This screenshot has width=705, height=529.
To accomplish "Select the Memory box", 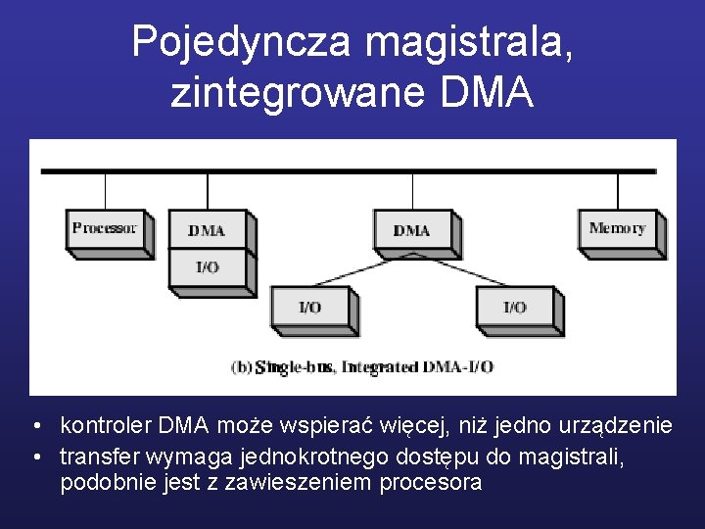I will pyautogui.click(x=617, y=229).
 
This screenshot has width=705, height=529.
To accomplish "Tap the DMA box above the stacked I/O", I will pyautogui.click(x=207, y=230).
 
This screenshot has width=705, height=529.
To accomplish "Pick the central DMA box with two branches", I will pyautogui.click(x=411, y=230).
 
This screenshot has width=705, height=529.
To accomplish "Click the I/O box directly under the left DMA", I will pyautogui.click(x=207, y=267).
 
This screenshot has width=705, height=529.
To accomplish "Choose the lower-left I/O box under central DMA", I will pyautogui.click(x=309, y=308).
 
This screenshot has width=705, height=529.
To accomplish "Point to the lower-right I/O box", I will pyautogui.click(x=515, y=308).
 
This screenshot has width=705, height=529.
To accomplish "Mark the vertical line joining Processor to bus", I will pyautogui.click(x=105, y=190).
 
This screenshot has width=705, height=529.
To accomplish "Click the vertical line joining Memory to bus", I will pyautogui.click(x=617, y=190).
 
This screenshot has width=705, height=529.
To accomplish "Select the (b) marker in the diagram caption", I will pyautogui.click(x=241, y=366).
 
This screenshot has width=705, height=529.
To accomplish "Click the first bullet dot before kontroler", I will pyautogui.click(x=35, y=427).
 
